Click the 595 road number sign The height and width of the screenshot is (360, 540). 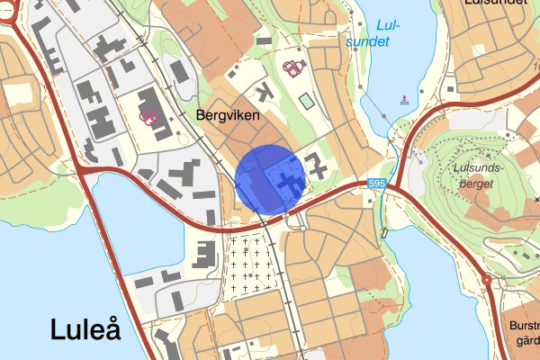[378, 184]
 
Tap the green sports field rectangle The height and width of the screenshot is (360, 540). [307, 101]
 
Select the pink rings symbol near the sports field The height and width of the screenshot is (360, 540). [292, 67]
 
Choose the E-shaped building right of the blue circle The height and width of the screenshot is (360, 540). [318, 165]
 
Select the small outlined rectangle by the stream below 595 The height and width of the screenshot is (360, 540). [385, 233]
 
